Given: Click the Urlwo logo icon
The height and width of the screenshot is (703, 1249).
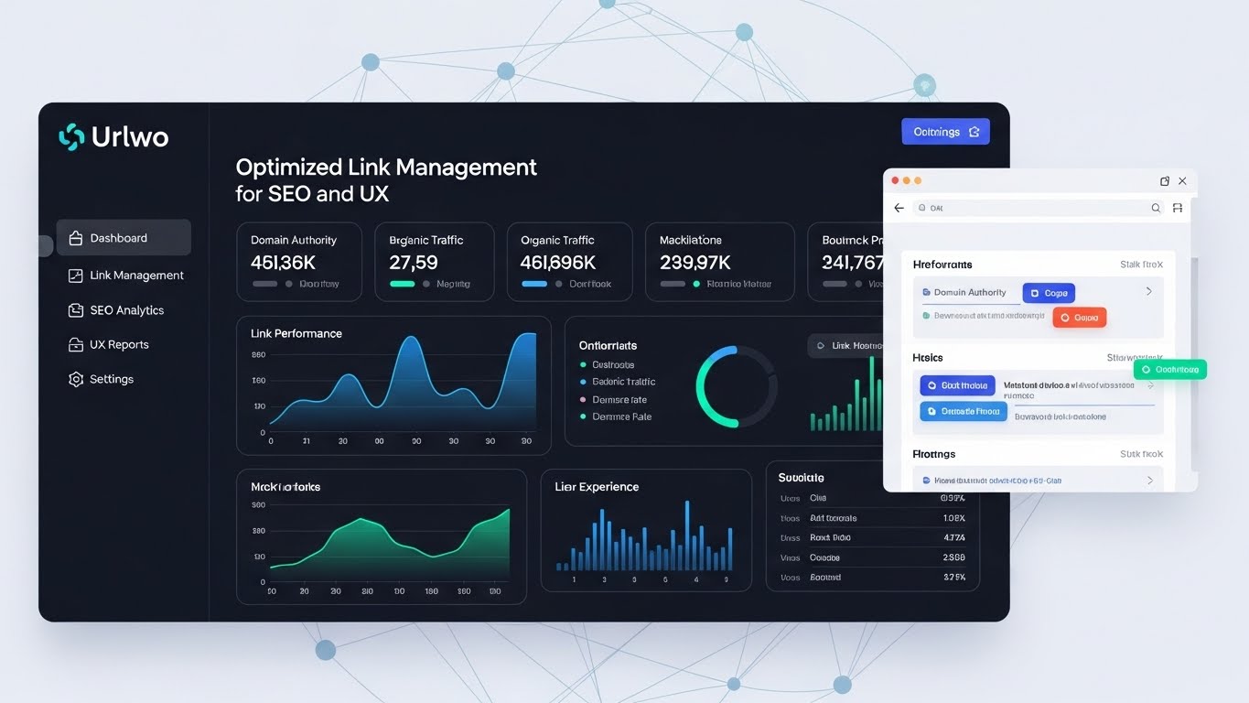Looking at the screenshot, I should click(x=71, y=136).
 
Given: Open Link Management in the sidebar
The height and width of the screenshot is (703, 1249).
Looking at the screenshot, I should click(x=136, y=276).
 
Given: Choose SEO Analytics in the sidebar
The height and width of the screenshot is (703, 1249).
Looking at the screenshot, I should click(x=126, y=310).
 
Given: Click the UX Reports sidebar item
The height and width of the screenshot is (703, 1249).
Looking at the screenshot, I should click(x=119, y=345).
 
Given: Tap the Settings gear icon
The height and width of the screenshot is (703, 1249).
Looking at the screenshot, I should click(x=76, y=379).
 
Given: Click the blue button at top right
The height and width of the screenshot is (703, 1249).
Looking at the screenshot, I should click(x=945, y=132).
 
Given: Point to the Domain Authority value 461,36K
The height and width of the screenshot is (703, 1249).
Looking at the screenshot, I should click(x=283, y=263).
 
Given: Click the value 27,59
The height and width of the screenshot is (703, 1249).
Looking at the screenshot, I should click(x=414, y=263).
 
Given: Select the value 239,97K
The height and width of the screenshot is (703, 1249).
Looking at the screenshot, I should click(x=694, y=263).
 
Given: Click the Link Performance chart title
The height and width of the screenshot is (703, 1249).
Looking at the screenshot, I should click(x=296, y=333).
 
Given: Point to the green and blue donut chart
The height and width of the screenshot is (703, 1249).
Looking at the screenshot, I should click(x=737, y=386).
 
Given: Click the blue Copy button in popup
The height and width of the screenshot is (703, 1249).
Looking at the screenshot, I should click(x=1049, y=293).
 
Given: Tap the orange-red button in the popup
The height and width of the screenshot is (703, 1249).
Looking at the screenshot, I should click(x=1080, y=318).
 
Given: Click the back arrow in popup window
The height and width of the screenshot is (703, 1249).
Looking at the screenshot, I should click(x=899, y=208).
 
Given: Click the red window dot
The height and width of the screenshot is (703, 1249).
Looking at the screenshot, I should click(x=896, y=181).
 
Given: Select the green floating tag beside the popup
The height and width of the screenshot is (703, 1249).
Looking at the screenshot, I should click(x=1170, y=370).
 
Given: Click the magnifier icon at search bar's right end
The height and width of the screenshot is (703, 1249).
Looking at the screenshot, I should click(x=1156, y=208).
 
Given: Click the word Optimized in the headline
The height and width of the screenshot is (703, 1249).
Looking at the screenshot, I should click(x=288, y=168).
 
